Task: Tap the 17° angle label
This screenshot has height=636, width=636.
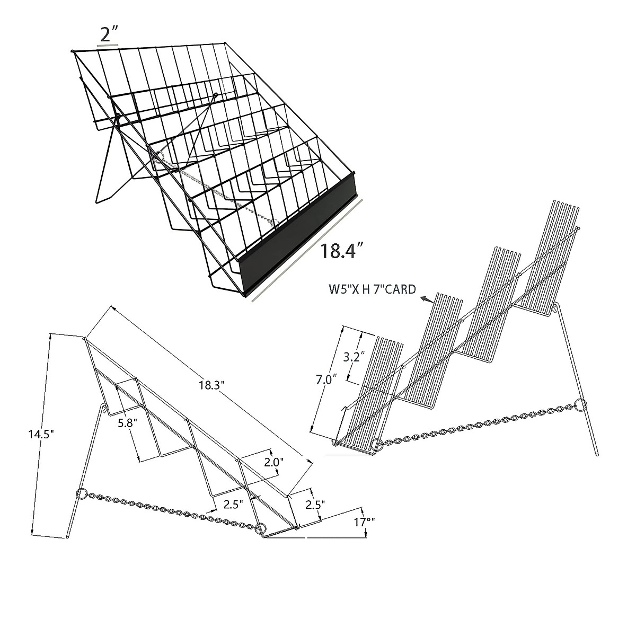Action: click(x=364, y=522)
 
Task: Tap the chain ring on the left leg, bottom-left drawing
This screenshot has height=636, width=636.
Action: click(x=82, y=494)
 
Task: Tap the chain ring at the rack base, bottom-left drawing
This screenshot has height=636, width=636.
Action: click(x=260, y=528)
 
